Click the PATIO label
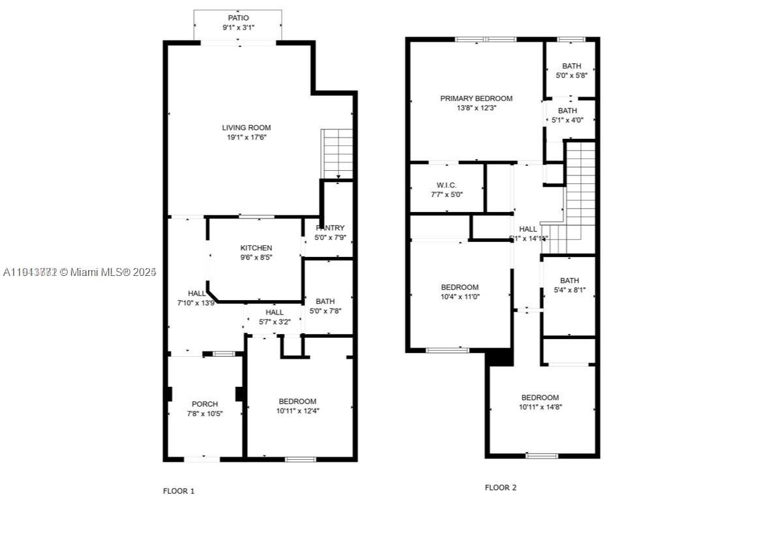click(238, 18)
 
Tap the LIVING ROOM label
click(246, 128)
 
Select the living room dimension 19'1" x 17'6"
click(247, 138)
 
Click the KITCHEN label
click(256, 248)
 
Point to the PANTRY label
click(330, 228)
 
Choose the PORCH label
click(205, 404)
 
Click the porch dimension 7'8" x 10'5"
click(205, 414)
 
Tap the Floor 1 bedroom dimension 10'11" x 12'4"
click(297, 411)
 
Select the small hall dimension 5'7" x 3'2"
click(274, 322)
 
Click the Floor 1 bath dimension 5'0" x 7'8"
click(325, 311)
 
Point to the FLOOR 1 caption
click(179, 491)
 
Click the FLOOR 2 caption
click(501, 487)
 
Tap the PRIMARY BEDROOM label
click(476, 98)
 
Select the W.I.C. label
click(447, 185)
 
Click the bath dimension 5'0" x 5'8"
click(571, 76)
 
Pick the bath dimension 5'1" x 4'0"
click(567, 120)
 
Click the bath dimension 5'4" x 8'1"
click(569, 290)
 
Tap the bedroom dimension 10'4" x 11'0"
click(459, 297)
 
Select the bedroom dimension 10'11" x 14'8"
click(540, 407)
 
